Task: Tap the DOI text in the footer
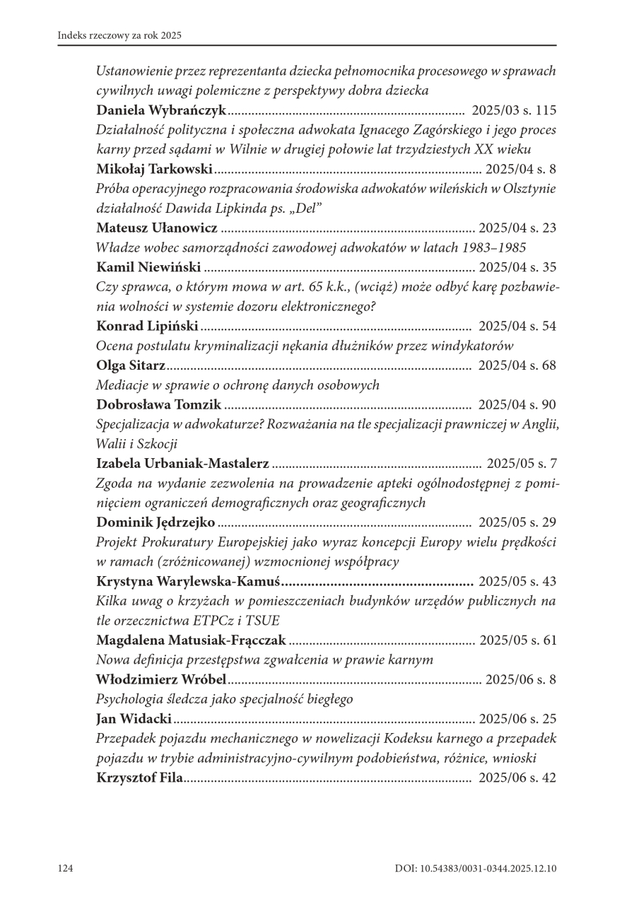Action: pos(476,868)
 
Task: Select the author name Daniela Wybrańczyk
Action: pos(160,110)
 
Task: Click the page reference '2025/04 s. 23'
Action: pos(517,228)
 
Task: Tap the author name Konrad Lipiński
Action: pos(147,326)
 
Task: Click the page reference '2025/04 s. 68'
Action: pos(517,365)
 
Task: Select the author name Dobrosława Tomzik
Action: pos(158,404)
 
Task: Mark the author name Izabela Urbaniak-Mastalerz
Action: pos(182,464)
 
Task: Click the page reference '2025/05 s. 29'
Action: pos(517,522)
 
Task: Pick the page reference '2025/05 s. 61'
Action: pos(518,640)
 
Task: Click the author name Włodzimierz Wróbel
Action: pos(160,679)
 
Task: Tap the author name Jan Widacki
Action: pos(134,719)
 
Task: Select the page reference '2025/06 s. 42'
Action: pos(517,778)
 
